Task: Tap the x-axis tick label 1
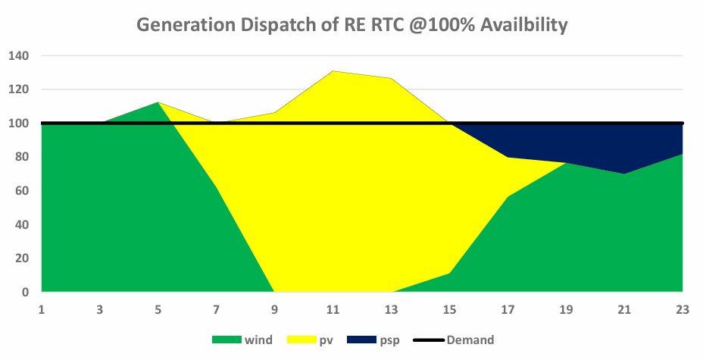click(x=42, y=309)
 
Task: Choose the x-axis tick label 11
click(x=333, y=309)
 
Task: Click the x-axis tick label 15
click(x=449, y=309)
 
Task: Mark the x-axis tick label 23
click(x=682, y=309)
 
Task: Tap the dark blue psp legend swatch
click(x=357, y=341)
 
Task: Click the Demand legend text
click(x=470, y=341)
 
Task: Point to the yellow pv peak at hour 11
click(x=333, y=76)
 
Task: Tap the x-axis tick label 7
click(x=217, y=309)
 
